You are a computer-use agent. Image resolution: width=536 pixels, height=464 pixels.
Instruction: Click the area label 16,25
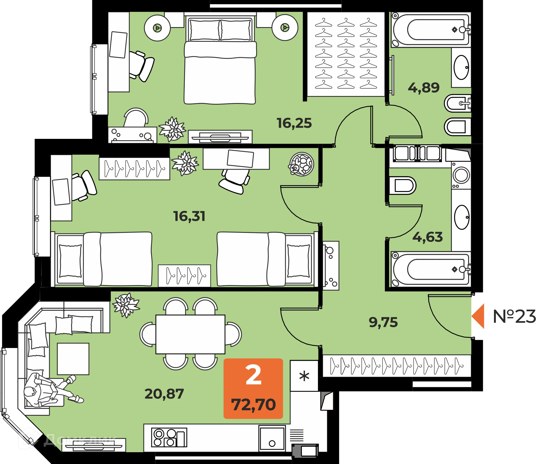point(294,123)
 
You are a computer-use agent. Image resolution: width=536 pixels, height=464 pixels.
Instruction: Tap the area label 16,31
point(189,216)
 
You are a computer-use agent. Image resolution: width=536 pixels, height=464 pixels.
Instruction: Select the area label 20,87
point(164,394)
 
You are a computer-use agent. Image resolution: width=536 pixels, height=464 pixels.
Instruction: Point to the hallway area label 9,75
point(383,322)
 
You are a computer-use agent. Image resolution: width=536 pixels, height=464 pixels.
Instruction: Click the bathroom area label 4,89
point(424,88)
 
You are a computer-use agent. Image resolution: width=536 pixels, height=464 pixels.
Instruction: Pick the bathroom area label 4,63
point(428,237)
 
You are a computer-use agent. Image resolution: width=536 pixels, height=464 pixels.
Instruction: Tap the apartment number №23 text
point(514,316)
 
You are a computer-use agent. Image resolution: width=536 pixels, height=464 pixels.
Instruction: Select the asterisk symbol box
point(304,376)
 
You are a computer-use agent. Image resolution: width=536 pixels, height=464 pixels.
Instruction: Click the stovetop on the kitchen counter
point(169,437)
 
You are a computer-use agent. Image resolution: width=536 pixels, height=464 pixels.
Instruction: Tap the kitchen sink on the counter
point(272,438)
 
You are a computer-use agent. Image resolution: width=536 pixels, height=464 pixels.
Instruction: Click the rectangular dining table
point(190,334)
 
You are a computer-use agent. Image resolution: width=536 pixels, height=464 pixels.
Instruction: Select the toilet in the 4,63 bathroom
point(402,186)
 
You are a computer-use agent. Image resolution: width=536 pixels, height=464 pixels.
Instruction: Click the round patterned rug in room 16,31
point(301,164)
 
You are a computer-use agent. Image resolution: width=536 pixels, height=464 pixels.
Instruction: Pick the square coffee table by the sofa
point(73,359)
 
